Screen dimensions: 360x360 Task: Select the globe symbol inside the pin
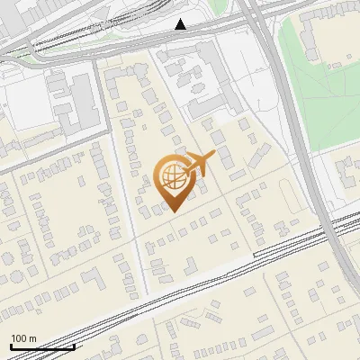pyautogui.click(x=171, y=178)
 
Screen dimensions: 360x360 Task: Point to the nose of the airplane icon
pyautogui.click(x=212, y=156)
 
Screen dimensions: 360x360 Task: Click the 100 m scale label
pyautogui.click(x=23, y=338)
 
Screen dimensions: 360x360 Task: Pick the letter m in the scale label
pyautogui.click(x=33, y=338)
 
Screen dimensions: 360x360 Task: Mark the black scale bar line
pyautogui.click(x=40, y=346)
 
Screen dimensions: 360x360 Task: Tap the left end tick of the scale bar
pyautogui.click(x=10, y=346)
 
